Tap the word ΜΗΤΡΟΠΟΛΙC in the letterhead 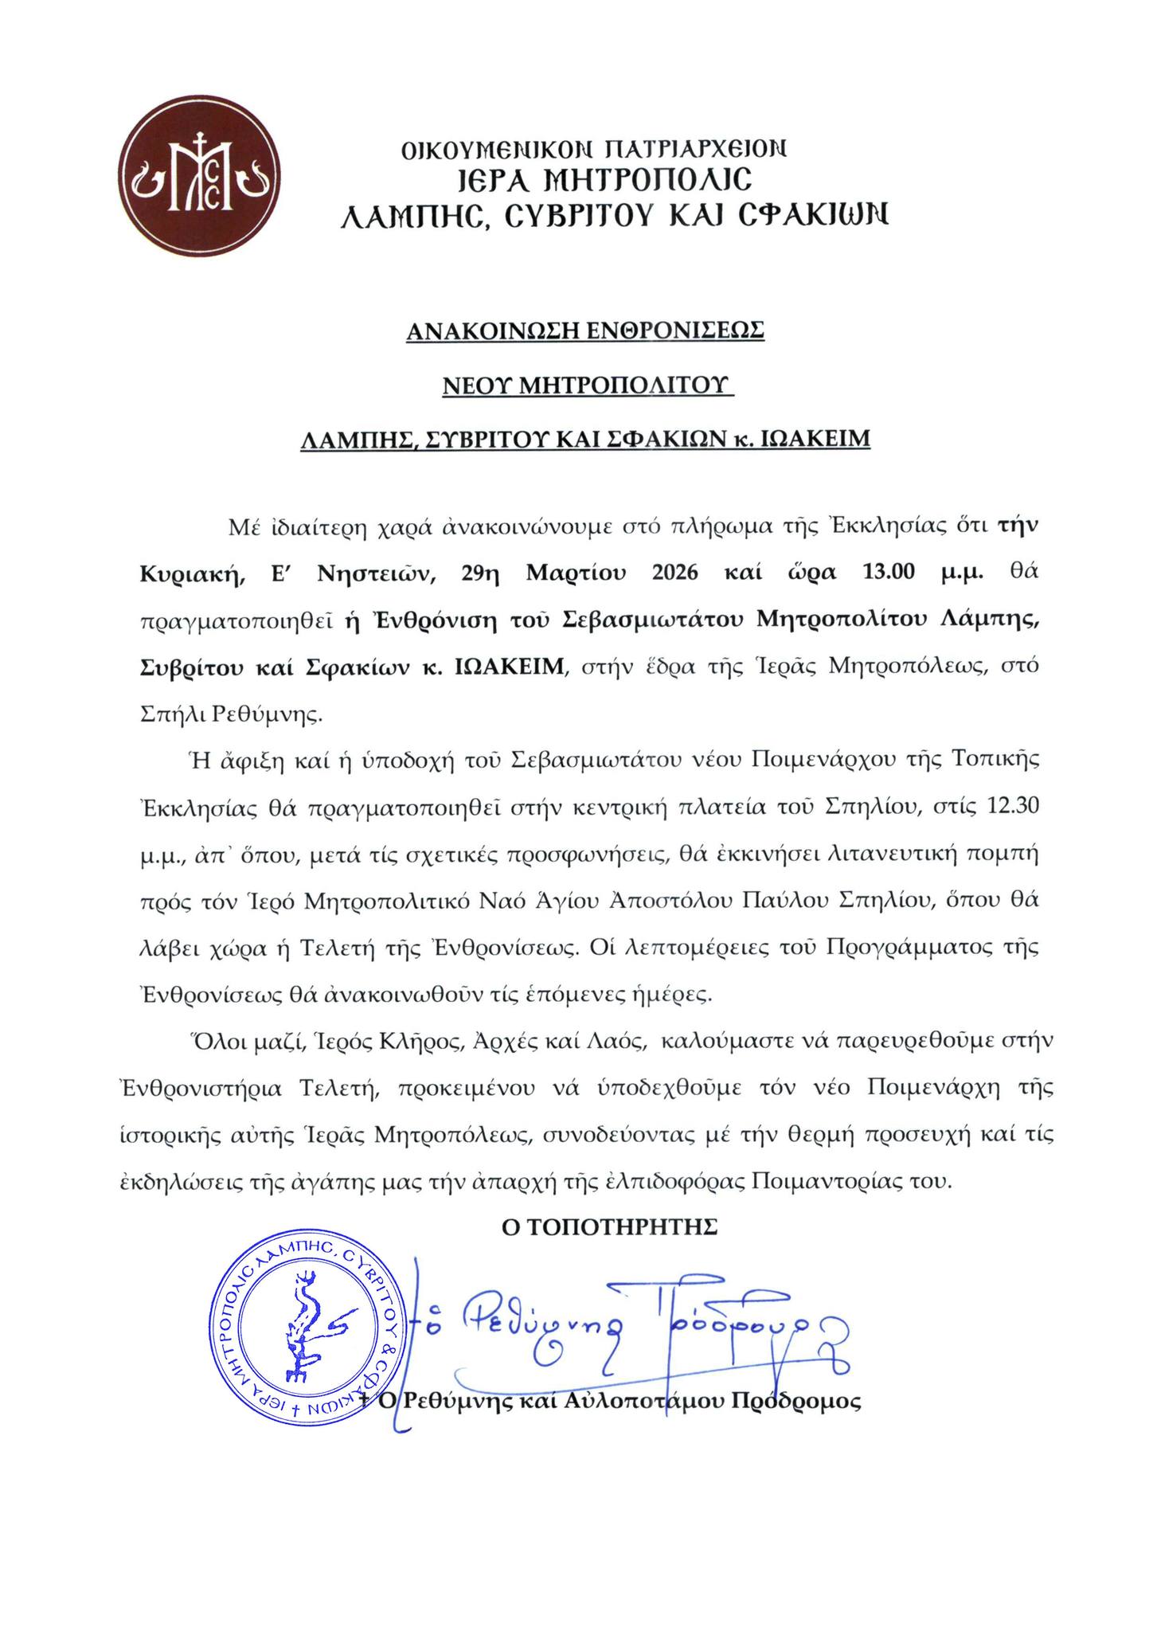click(635, 180)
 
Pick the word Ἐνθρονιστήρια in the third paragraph click(211, 1089)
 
